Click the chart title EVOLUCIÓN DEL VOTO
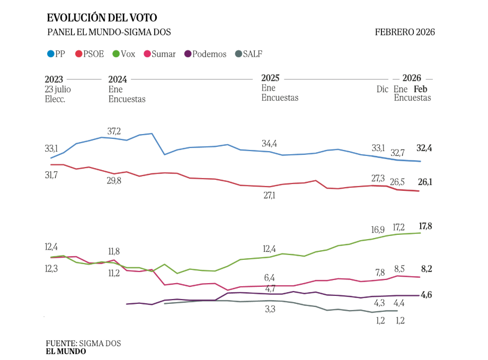click(102, 19)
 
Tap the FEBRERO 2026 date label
click(405, 32)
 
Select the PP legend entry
click(57, 54)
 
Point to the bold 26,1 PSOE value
click(424, 182)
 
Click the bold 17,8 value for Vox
click(425, 226)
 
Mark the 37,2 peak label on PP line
click(114, 131)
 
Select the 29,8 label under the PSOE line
click(114, 181)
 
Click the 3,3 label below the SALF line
click(270, 309)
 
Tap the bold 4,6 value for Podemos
click(426, 295)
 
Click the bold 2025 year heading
click(270, 78)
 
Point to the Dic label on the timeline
click(382, 89)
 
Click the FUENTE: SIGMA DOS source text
click(83, 344)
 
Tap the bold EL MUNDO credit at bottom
click(66, 351)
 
